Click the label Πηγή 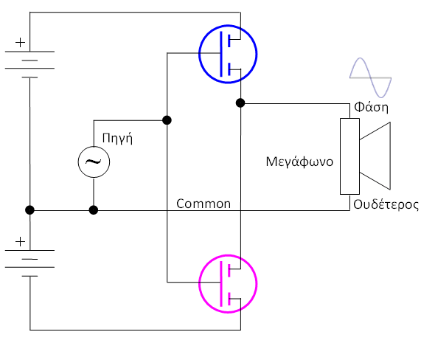point(117,138)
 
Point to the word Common point(203,204)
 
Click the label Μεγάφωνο point(299,162)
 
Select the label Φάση point(371,107)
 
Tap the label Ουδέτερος point(386,204)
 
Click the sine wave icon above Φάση point(370,77)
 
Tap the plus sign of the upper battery point(20,43)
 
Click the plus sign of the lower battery point(20,242)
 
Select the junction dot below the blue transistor point(240,103)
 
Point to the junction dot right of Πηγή point(167,120)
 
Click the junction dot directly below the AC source point(94,210)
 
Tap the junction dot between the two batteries point(29,210)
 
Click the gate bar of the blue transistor point(221,54)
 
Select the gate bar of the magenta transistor point(221,284)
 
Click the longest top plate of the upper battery point(29,52)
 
